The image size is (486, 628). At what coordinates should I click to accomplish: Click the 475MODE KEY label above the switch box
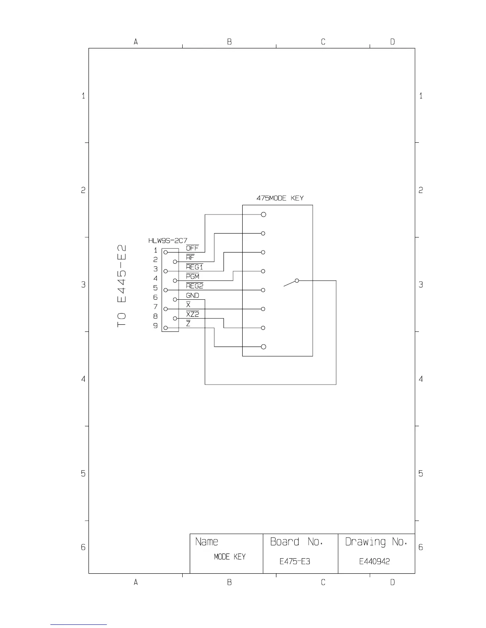[280, 198]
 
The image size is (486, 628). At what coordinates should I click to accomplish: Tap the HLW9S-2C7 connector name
[168, 241]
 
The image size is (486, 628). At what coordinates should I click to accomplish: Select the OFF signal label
[192, 248]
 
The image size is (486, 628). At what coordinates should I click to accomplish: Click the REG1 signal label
[194, 267]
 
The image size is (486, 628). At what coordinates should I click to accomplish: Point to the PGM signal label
[193, 277]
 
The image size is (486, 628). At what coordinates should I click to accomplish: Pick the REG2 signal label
[195, 286]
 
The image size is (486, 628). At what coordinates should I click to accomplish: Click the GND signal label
[193, 296]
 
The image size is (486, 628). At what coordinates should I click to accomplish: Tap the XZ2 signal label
[193, 314]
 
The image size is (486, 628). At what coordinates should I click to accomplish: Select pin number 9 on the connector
[156, 326]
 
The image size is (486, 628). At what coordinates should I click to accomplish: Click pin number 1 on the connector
[156, 251]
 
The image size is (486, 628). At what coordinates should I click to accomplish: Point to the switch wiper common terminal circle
[297, 281]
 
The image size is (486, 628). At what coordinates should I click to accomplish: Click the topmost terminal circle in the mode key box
[263, 214]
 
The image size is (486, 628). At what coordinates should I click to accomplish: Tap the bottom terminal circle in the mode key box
[263, 347]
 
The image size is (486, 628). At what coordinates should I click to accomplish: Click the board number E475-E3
[295, 561]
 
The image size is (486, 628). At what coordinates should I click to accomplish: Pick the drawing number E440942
[374, 561]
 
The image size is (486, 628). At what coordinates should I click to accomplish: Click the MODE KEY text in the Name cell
[229, 557]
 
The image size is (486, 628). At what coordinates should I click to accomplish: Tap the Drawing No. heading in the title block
[376, 542]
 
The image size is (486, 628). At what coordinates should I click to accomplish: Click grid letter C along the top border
[323, 42]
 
